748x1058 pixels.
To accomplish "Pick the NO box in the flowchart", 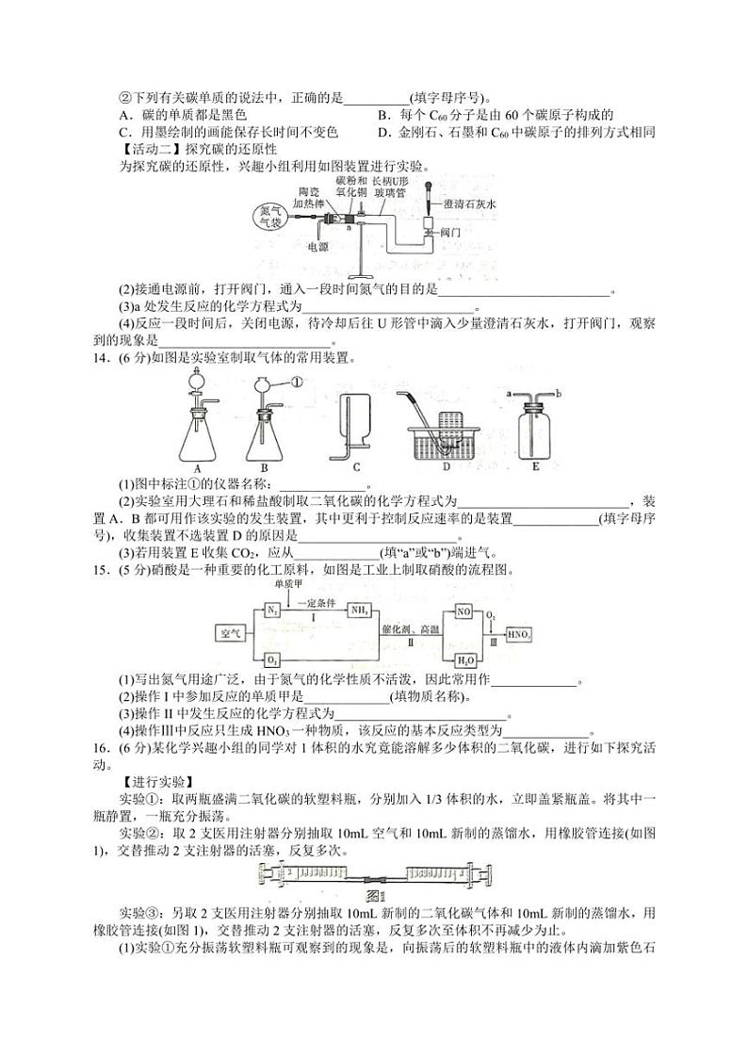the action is click(x=463, y=611).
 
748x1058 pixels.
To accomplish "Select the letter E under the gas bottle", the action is click(x=536, y=465).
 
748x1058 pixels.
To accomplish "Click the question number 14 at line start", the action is click(x=101, y=358).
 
